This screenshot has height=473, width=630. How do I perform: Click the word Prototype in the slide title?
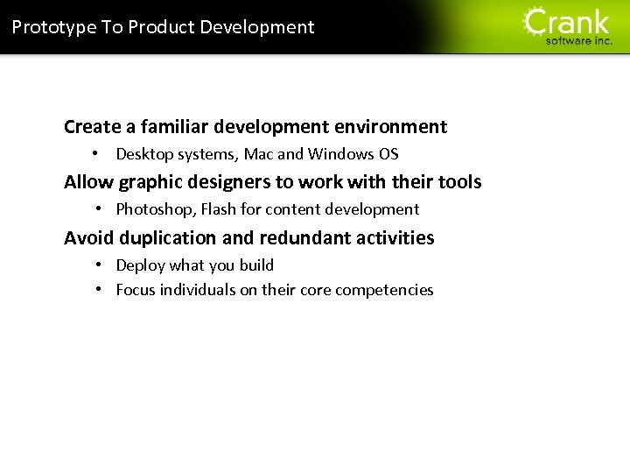point(54,27)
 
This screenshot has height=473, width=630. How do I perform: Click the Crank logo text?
point(567,21)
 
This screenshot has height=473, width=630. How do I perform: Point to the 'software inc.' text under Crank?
point(579,40)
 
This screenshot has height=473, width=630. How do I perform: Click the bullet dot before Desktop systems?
point(100,154)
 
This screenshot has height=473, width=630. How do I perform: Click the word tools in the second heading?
point(459,182)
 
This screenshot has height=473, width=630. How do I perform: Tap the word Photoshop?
point(154,209)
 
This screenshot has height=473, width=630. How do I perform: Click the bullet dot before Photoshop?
point(100,209)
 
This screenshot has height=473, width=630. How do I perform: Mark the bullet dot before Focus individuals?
point(100,290)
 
